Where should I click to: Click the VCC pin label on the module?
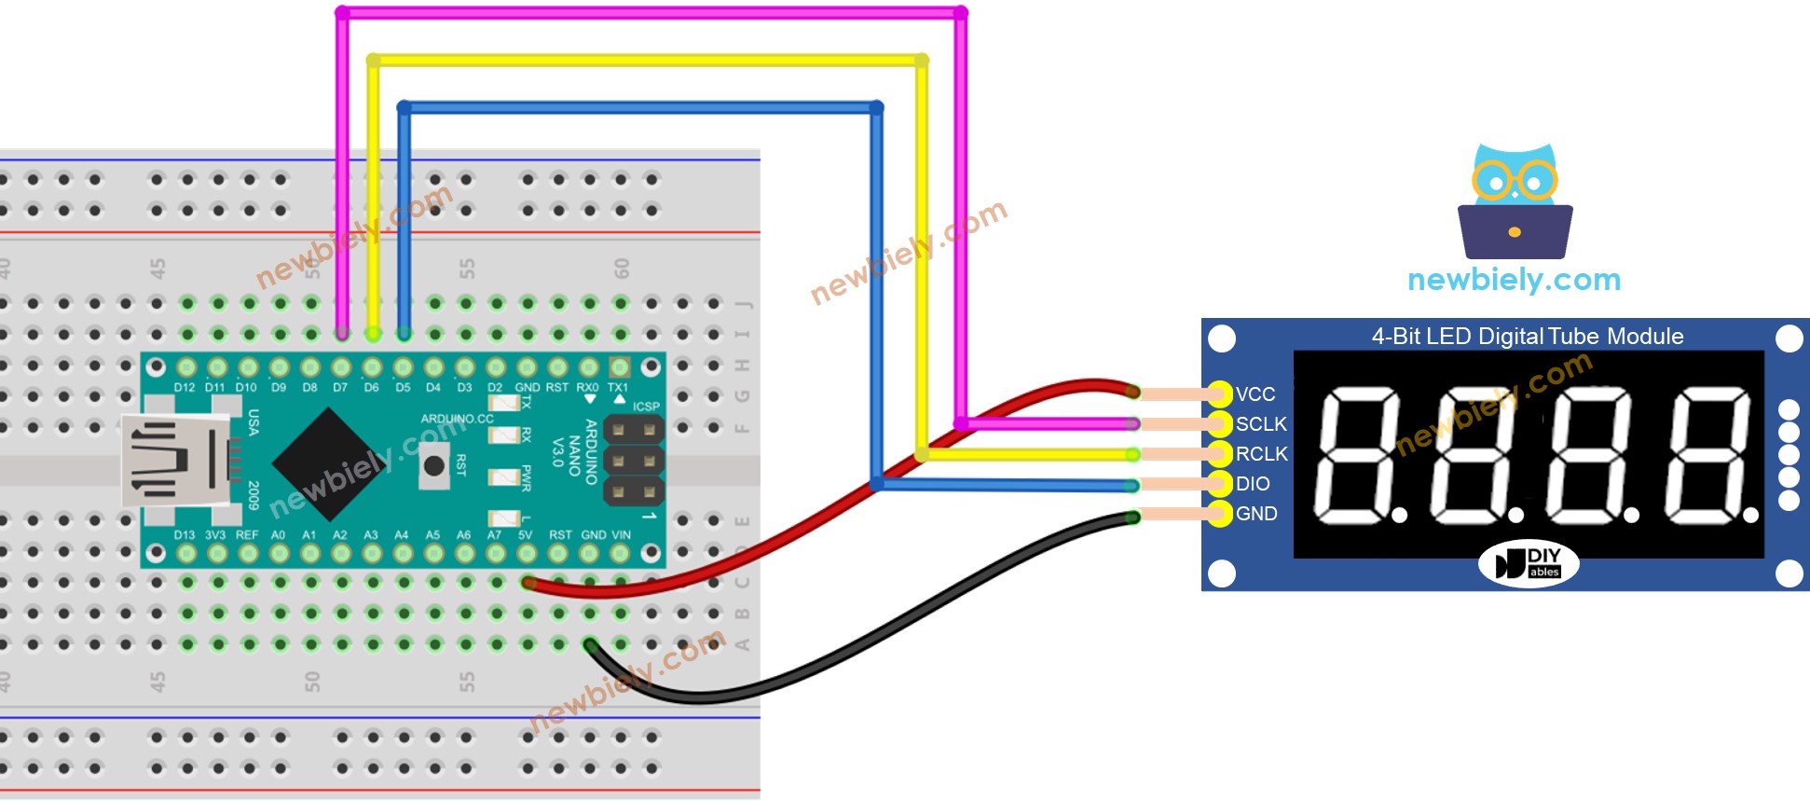click(1255, 394)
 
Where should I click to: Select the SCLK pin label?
click(1260, 424)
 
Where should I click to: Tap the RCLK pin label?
click(1261, 454)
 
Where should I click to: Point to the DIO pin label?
click(1252, 484)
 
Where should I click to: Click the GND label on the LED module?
click(1255, 514)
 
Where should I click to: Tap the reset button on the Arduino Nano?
click(433, 464)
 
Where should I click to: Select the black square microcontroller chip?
click(330, 463)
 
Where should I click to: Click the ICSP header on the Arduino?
click(634, 460)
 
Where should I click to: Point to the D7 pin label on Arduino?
click(340, 387)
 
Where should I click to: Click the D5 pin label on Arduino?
click(403, 387)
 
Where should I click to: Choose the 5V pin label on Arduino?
click(526, 535)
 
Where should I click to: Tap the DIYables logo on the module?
click(1529, 564)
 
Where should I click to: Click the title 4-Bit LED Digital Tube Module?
click(1527, 337)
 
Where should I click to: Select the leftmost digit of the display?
click(1356, 455)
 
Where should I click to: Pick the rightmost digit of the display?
click(1707, 455)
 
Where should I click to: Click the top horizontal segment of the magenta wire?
click(652, 13)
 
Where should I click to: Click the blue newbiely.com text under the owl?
click(1514, 280)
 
